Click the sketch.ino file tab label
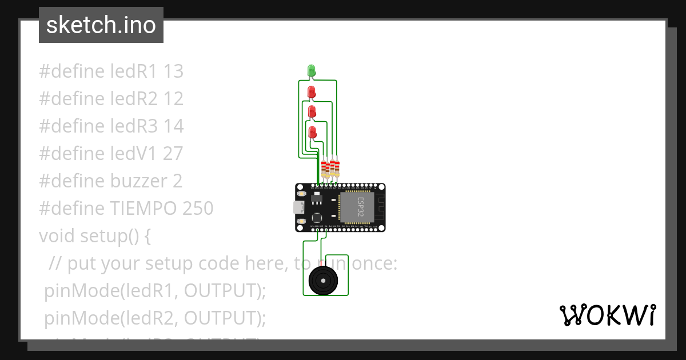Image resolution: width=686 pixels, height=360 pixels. coord(101,25)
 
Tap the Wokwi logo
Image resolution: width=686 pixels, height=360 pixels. coord(607,315)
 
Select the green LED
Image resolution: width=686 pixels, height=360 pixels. coord(312,71)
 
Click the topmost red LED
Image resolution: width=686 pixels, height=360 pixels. coord(312,91)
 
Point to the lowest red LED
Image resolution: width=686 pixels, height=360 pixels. coord(312,133)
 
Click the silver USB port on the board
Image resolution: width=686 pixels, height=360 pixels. coord(299,207)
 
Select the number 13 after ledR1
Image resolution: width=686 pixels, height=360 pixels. coord(173,71)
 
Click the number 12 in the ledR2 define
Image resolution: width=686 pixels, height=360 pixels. coord(173,99)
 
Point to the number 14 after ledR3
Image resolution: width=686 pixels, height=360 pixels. coord(174,126)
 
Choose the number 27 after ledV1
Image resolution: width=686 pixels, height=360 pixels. coord(173,154)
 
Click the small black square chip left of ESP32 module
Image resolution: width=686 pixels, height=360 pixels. coord(317,218)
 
